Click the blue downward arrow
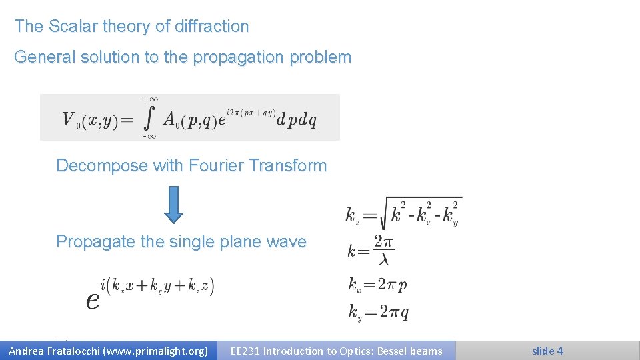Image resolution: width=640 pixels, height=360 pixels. point(174,203)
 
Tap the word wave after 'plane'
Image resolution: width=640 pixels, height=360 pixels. point(286,242)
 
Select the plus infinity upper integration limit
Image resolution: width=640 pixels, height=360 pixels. point(149,99)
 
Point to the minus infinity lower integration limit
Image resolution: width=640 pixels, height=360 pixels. point(149,137)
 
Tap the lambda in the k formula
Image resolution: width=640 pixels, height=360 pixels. point(383,259)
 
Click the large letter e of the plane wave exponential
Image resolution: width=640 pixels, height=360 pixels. point(93,301)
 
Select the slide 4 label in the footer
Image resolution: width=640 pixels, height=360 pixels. point(547,351)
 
